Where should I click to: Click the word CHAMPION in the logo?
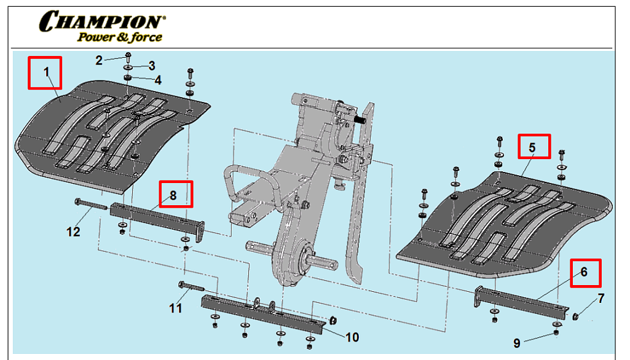click(x=102, y=22)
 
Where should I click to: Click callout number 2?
click(x=98, y=60)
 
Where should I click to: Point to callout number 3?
click(x=151, y=66)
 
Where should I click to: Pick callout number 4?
click(x=158, y=80)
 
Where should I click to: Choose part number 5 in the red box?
click(x=533, y=148)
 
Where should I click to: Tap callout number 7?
click(x=600, y=299)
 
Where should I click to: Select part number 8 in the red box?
click(x=173, y=196)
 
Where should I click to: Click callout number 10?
click(x=352, y=337)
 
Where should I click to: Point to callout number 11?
click(x=176, y=308)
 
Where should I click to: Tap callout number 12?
click(x=73, y=232)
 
